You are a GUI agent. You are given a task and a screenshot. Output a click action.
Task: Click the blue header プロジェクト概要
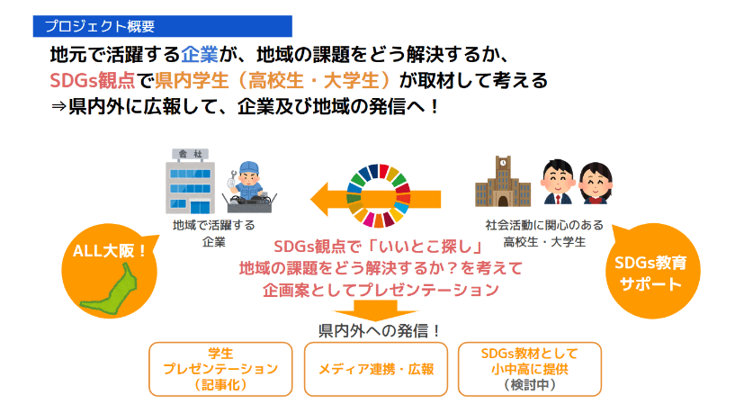point(162,26)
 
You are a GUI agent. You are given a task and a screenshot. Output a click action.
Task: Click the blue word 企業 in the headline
point(200,55)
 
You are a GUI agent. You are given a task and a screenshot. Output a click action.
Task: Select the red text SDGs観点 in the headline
point(93,81)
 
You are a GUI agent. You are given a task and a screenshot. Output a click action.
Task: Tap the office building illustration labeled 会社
point(190,182)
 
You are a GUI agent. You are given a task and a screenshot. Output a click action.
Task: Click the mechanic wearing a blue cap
point(249,187)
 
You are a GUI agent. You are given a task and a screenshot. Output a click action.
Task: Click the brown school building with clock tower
point(503,182)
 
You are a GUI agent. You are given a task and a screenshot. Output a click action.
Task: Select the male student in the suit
point(558,182)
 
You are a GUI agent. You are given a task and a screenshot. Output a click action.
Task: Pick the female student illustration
point(596,183)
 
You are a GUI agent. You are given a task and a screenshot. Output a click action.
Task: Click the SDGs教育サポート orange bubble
point(652,272)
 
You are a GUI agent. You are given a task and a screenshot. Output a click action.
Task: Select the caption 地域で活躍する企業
point(213,233)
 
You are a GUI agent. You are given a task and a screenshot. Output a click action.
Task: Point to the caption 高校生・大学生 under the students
point(544,242)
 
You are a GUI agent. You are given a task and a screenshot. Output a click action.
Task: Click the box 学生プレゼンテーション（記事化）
point(220,369)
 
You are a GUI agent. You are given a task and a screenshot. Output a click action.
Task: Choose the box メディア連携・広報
point(376,369)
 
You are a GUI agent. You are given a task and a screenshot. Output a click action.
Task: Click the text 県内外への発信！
point(379,330)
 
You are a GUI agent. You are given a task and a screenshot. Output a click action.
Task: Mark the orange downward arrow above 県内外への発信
point(375,310)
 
